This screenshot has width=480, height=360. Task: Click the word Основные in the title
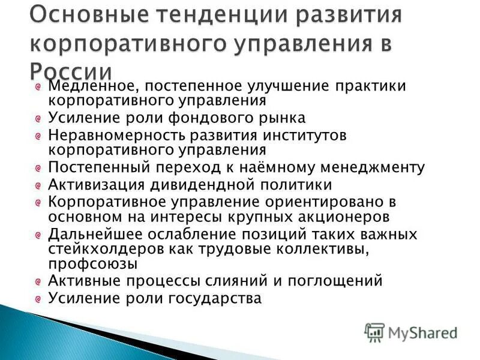[x=76, y=13]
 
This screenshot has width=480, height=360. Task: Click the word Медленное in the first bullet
[x=89, y=86]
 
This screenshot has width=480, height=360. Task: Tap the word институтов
[x=302, y=135]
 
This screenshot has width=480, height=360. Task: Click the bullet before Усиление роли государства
[x=38, y=298]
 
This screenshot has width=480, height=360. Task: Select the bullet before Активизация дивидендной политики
[x=38, y=185]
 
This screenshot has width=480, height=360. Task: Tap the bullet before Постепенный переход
[x=38, y=167]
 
